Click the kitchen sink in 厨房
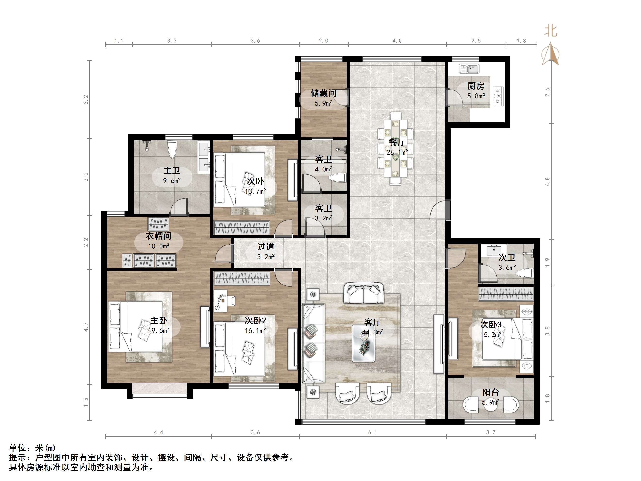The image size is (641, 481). [469, 69]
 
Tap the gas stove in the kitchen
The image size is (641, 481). [498, 96]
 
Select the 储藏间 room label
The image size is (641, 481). [323, 93]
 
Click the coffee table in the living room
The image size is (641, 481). [363, 343]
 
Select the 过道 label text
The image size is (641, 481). [266, 247]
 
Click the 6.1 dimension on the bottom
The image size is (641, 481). [373, 432]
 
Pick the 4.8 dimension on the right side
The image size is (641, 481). [547, 181]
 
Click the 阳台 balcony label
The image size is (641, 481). [491, 392]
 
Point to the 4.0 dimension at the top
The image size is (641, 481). [397, 41]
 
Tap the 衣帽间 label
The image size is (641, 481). [159, 236]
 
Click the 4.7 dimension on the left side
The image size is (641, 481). [86, 327]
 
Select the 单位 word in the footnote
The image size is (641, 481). [18, 448]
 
